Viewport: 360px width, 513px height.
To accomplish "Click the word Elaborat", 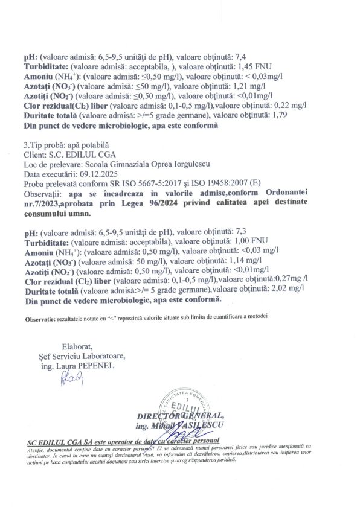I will point(77,346).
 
